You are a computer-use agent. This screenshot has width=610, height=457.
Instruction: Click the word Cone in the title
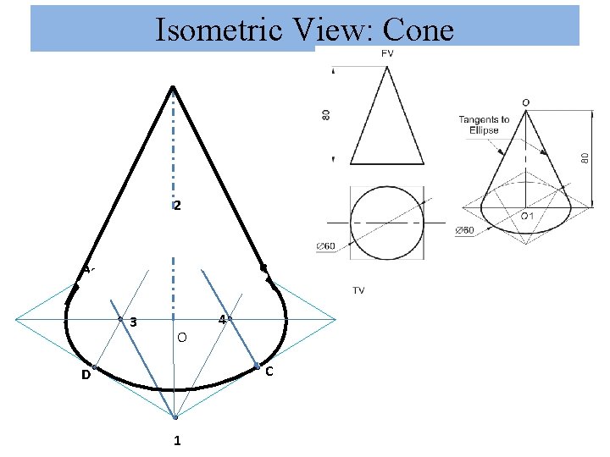pos(418,30)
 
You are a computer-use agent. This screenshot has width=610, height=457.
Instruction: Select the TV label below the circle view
pos(358,290)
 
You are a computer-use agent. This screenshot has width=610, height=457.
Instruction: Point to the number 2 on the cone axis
pos(177,206)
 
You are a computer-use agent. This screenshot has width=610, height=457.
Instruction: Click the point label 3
pos(134,322)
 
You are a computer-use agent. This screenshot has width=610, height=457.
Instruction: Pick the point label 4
pos(221,320)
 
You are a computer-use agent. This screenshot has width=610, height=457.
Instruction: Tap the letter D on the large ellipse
pos(86,375)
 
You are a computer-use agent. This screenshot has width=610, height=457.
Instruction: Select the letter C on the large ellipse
pos(269,372)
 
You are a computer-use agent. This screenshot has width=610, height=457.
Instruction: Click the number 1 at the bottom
pos(177,440)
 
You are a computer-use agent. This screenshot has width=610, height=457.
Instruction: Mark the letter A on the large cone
pos(86,269)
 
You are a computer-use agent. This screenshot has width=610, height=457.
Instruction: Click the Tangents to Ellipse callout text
pos(484,124)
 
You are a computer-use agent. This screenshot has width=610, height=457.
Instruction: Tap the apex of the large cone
pos(173,86)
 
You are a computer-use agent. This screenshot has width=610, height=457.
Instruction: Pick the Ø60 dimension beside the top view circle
pos(326,246)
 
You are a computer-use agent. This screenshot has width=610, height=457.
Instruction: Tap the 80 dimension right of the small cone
pos(585,157)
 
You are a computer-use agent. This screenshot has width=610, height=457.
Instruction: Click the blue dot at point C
pos(257,366)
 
